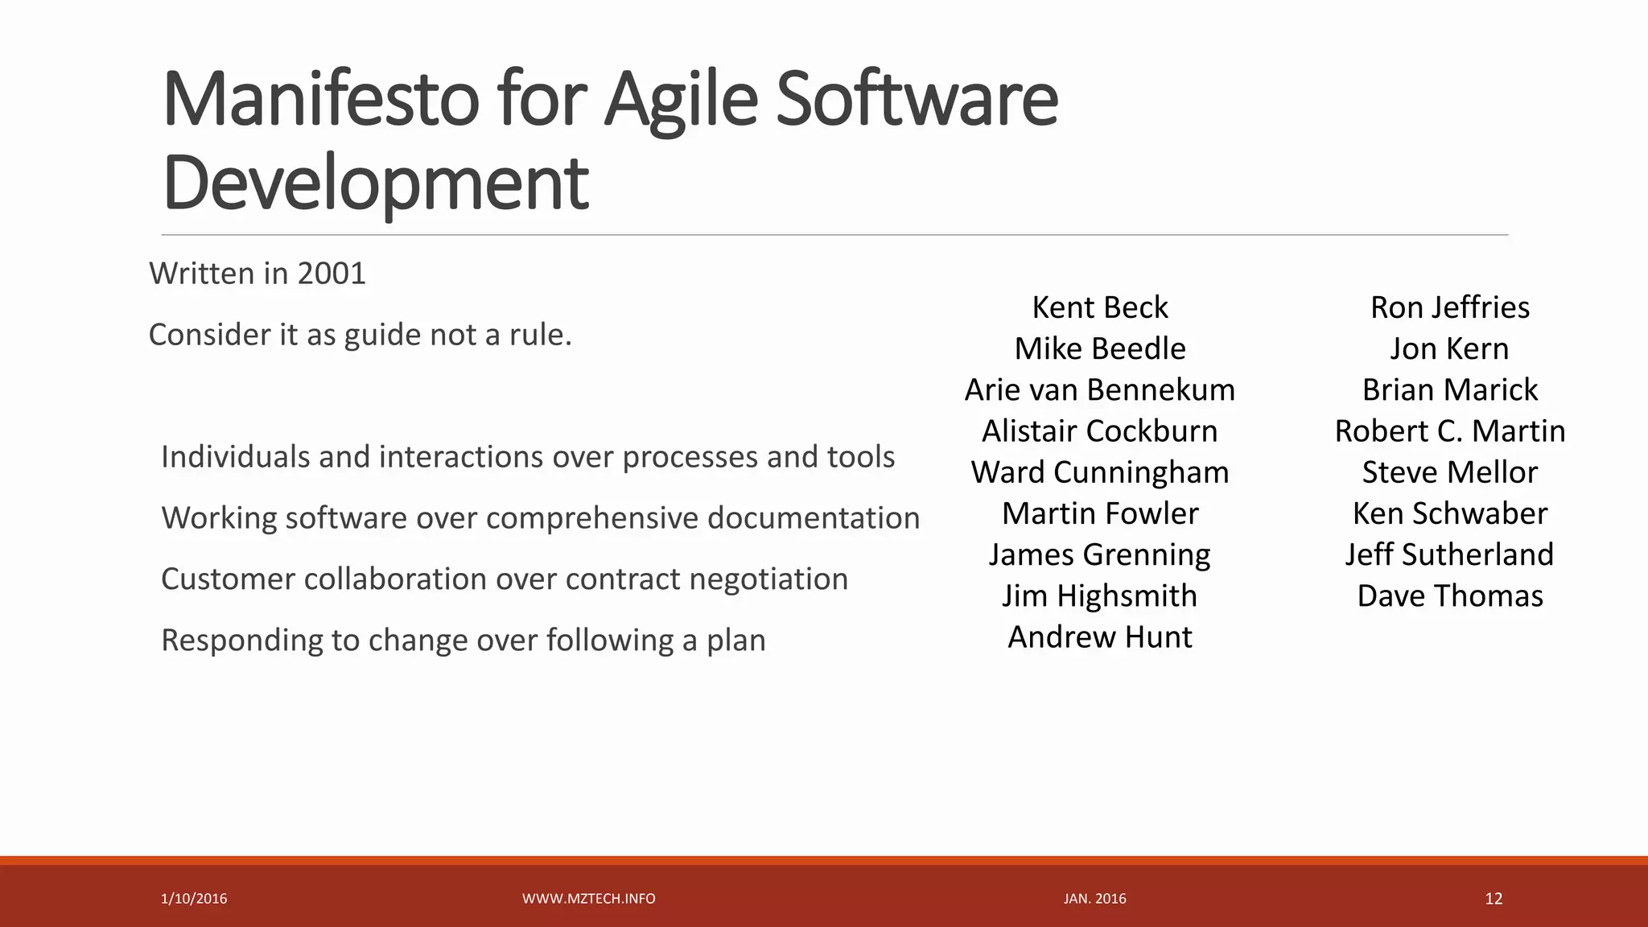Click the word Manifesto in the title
coord(320,100)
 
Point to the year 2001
coord(332,274)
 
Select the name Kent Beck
coord(1099,307)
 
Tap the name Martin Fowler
coord(1099,513)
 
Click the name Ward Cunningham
coord(1099,472)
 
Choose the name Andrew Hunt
coord(1099,637)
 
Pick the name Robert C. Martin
coord(1449,431)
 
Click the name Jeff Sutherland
coord(1449,554)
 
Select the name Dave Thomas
coord(1449,596)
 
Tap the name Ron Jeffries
coord(1449,307)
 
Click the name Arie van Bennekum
coord(1099,390)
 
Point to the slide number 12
coord(1493,899)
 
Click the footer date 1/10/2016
coord(194,899)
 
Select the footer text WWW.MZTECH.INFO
coord(588,899)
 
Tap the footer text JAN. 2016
coord(1094,899)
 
